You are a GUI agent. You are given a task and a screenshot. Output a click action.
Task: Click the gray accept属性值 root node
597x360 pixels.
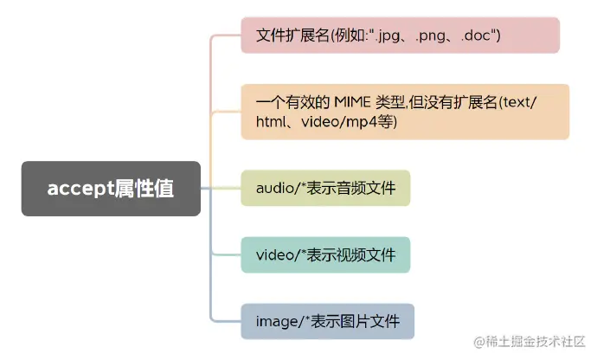111,189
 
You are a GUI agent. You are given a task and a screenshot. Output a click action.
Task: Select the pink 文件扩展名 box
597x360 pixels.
400,35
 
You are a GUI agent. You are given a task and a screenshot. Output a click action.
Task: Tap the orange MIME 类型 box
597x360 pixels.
404,112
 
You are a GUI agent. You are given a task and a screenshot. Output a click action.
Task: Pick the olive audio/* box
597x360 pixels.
325,188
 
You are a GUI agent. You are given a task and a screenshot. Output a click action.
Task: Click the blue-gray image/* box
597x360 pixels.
327,321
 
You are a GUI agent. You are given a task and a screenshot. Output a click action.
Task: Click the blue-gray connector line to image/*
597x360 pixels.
223,321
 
